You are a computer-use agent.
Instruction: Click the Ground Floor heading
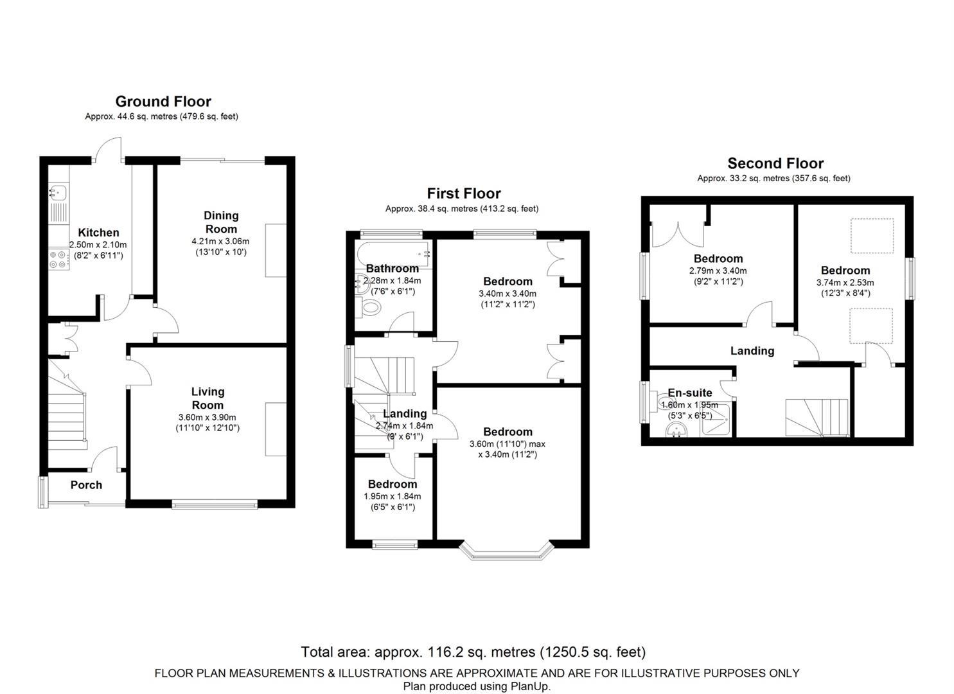click(163, 102)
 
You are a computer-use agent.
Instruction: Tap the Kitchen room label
click(98, 233)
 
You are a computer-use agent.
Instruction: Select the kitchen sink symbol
click(58, 191)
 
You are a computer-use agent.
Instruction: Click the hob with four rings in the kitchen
click(58, 258)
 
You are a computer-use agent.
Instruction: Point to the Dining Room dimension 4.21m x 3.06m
click(220, 242)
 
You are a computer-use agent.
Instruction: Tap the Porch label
click(86, 485)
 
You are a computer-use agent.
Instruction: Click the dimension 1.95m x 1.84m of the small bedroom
click(392, 496)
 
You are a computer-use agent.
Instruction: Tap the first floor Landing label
click(405, 414)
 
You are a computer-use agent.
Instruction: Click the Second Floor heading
click(775, 164)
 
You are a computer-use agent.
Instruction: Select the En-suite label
click(689, 393)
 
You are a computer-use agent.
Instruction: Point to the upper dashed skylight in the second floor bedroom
click(872, 236)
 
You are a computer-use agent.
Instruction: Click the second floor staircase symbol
click(817, 416)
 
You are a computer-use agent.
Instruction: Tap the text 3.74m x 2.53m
click(845, 283)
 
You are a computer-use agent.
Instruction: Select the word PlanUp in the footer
click(531, 686)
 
